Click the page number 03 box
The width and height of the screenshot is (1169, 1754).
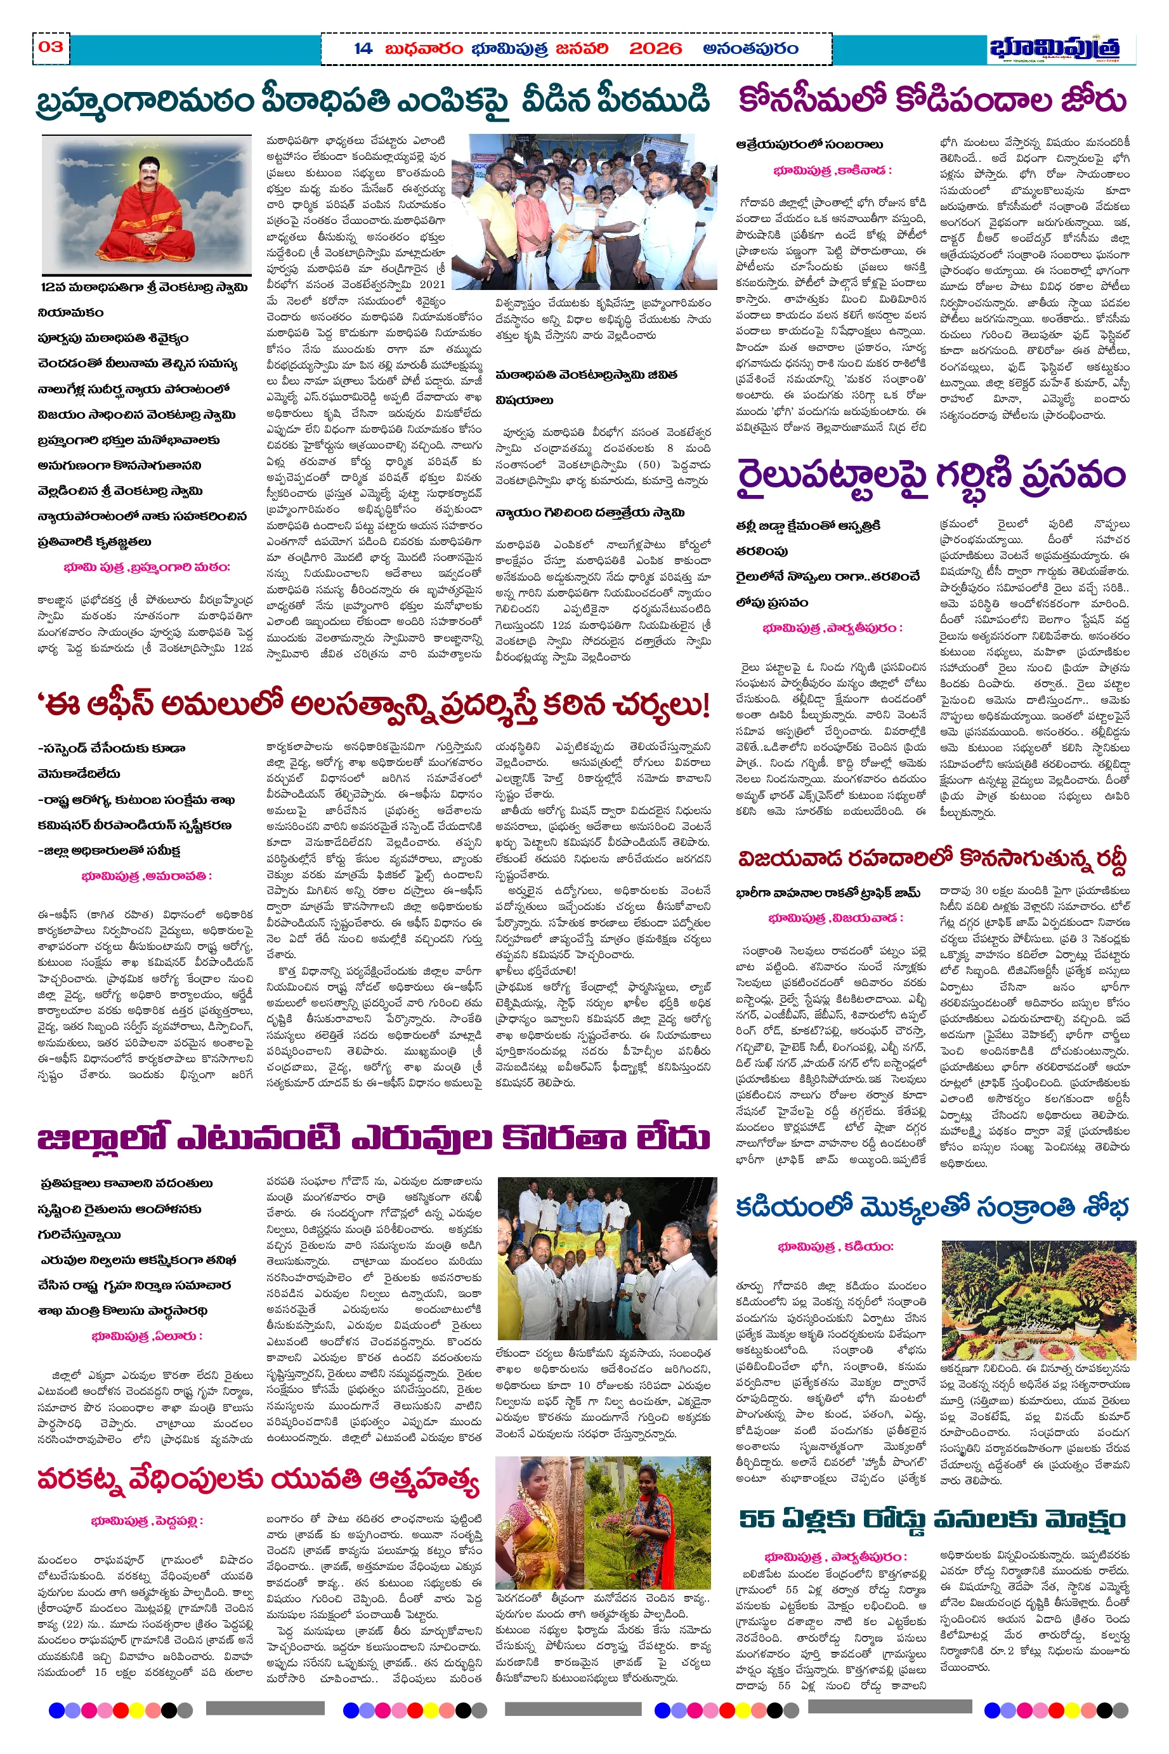point(51,47)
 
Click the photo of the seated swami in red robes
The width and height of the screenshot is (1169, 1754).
point(146,205)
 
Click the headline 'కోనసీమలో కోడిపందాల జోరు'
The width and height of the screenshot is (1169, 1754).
point(932,100)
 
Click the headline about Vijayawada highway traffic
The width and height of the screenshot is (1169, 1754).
point(932,859)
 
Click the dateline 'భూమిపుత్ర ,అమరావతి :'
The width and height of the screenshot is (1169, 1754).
point(146,876)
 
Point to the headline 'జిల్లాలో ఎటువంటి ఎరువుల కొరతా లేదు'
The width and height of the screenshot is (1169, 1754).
point(373,1138)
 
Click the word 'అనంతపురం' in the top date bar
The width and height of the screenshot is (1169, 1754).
point(750,49)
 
